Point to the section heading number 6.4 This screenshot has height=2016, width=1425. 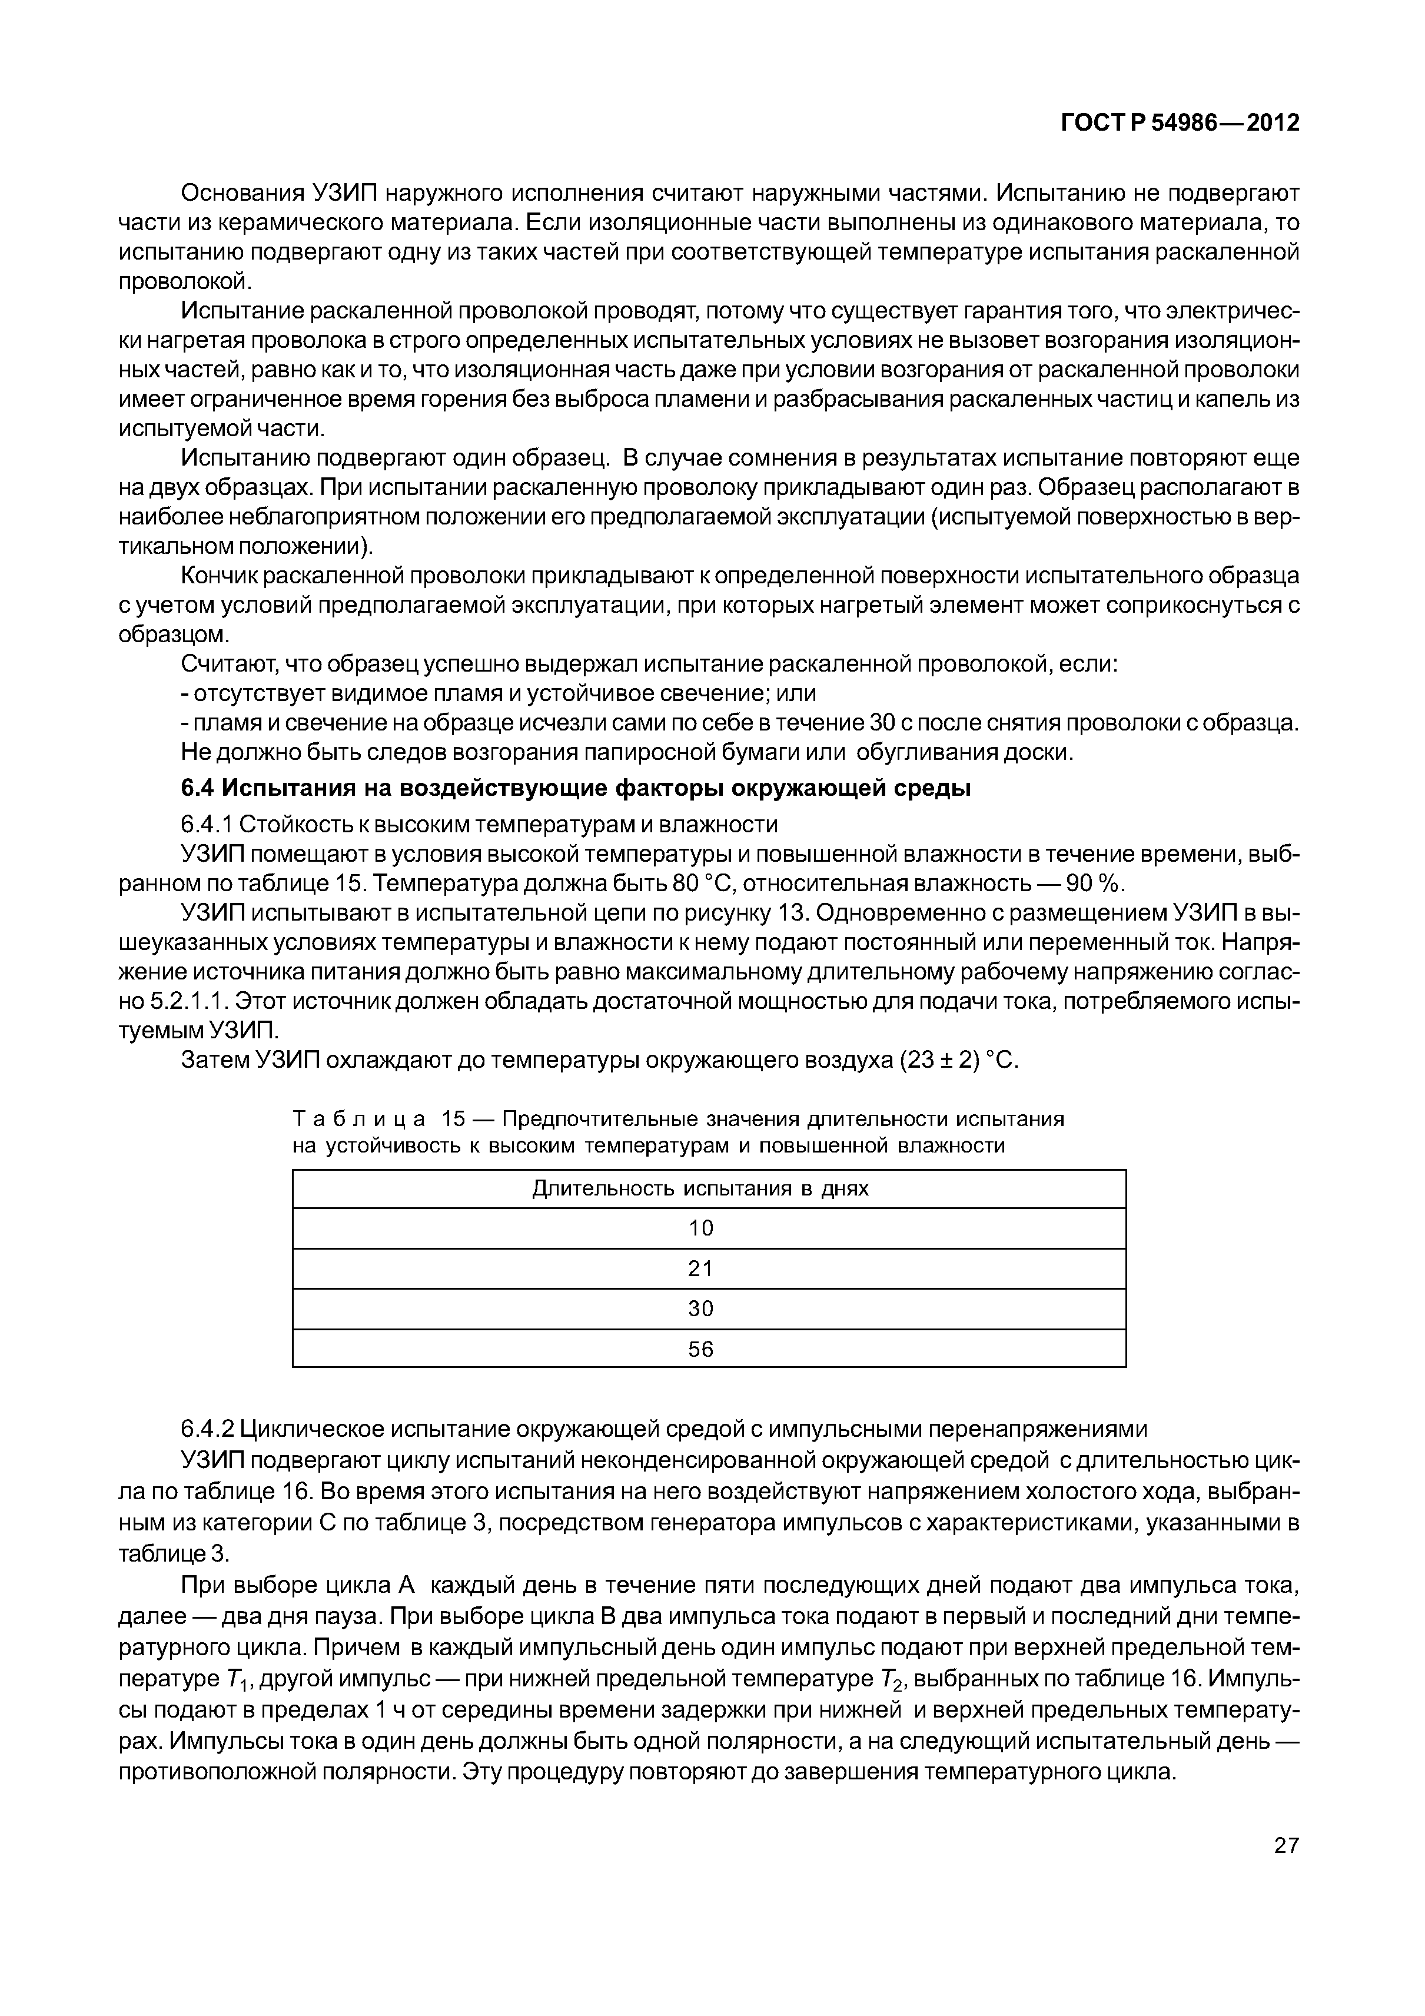[198, 789]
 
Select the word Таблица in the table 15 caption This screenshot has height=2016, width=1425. [359, 1120]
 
